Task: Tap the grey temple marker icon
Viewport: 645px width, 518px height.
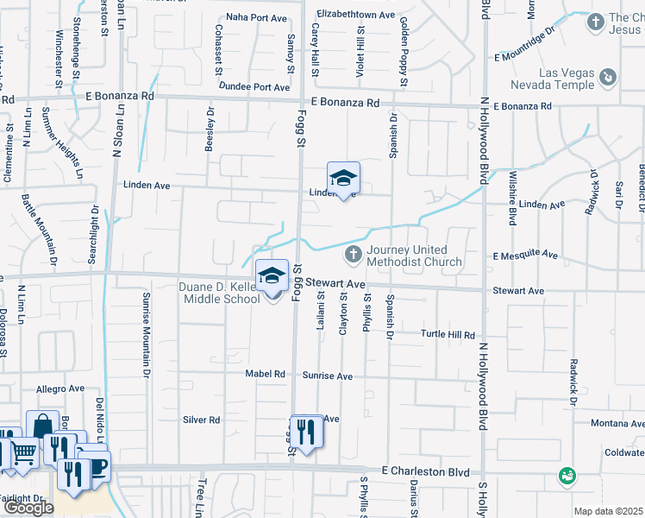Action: (608, 78)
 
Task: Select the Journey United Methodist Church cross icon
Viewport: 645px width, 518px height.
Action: (352, 255)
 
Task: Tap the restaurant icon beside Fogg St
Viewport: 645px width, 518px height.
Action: (306, 430)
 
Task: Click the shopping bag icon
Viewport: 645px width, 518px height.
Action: (42, 426)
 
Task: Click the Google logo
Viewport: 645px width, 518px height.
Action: (28, 508)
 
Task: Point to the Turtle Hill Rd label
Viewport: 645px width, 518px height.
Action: (448, 334)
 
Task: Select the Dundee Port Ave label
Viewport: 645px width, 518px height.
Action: (254, 87)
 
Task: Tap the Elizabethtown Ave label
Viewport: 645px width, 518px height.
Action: (355, 15)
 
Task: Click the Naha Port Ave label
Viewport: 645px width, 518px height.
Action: (256, 17)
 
